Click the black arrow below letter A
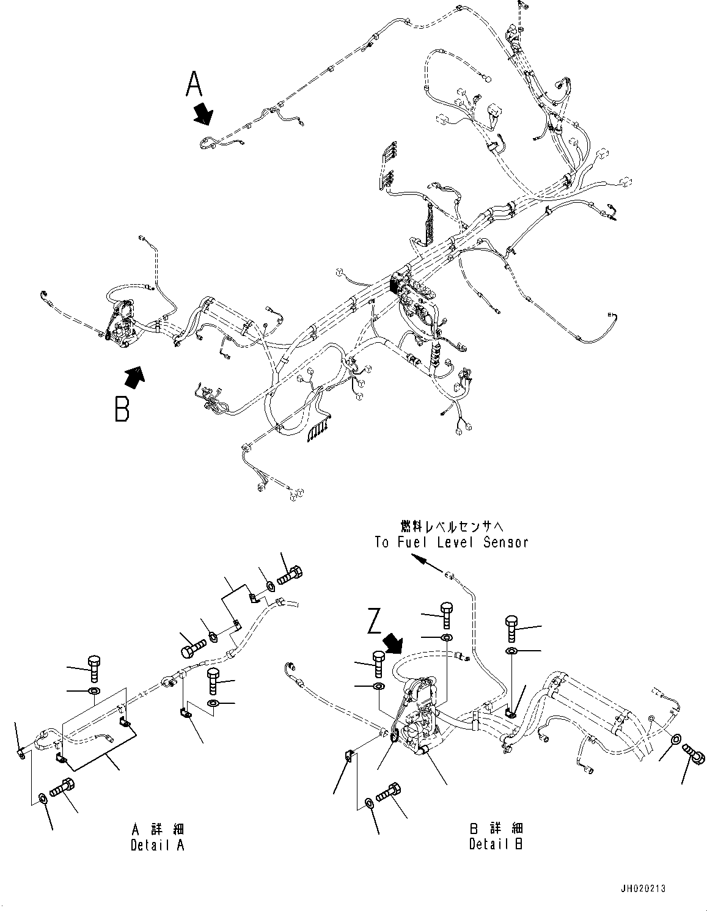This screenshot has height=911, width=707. [x=203, y=114]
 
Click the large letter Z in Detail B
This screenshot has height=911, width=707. [x=376, y=620]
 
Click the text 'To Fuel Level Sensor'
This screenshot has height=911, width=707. [x=451, y=542]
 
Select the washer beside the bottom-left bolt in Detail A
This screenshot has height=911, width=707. [x=42, y=799]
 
